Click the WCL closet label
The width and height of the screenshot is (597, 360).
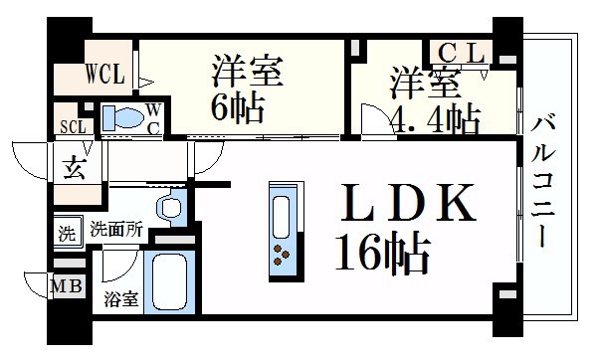pyautogui.click(x=105, y=74)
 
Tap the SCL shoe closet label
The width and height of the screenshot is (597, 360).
pyautogui.click(x=73, y=126)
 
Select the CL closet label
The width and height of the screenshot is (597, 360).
pyautogui.click(x=462, y=53)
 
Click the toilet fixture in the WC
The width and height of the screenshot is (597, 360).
pyautogui.click(x=123, y=117)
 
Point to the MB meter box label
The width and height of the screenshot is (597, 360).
pyautogui.click(x=67, y=286)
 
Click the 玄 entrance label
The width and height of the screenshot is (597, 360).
pyautogui.click(x=74, y=168)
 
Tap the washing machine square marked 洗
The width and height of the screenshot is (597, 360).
pyautogui.click(x=68, y=233)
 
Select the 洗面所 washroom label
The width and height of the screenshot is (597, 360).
pyautogui.click(x=116, y=230)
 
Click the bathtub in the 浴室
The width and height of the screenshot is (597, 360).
pyautogui.click(x=170, y=281)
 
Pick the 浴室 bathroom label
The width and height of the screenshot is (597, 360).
pyautogui.click(x=121, y=299)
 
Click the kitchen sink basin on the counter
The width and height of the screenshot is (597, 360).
pyautogui.click(x=282, y=217)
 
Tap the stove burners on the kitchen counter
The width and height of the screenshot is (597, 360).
pyautogui.click(x=281, y=255)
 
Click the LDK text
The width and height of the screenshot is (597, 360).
pyautogui.click(x=408, y=202)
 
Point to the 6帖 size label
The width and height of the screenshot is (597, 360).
pyautogui.click(x=238, y=107)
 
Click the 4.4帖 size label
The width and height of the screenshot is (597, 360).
pyautogui.click(x=435, y=118)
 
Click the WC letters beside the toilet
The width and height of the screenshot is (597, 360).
pyautogui.click(x=153, y=119)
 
